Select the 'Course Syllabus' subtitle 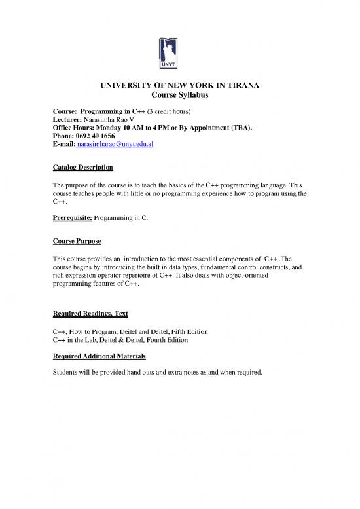click(x=179, y=96)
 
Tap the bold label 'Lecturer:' click(x=68, y=119)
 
